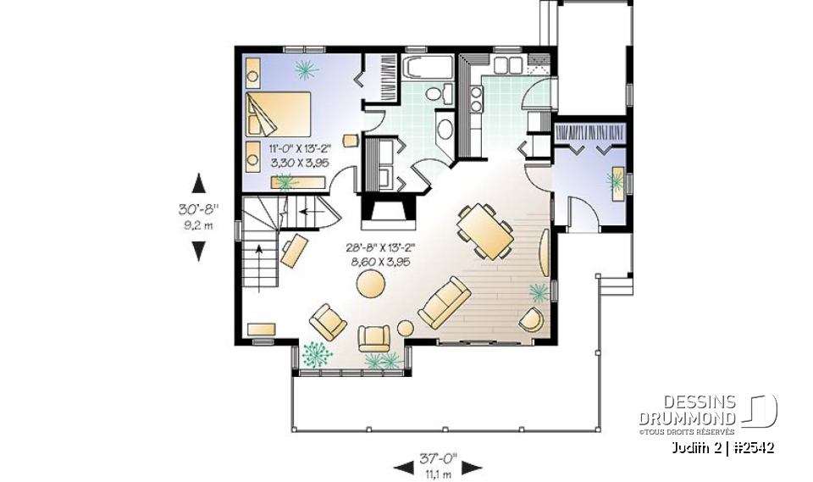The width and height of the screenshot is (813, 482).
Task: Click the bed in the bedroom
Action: pos(279,114)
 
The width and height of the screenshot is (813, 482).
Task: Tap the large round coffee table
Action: pos(369,283)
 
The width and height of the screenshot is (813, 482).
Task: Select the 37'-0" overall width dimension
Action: pos(438,458)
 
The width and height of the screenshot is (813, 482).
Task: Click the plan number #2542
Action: pos(753,446)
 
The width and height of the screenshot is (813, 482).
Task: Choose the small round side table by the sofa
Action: pos(405,328)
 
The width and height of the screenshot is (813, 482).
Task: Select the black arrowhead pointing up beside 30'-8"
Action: pos(199,182)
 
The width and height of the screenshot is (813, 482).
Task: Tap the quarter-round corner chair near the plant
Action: pos(531,320)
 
